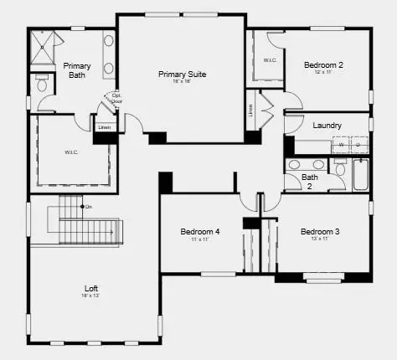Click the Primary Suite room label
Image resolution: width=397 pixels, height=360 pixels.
point(183,74)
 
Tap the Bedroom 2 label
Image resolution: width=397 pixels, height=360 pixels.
point(323,64)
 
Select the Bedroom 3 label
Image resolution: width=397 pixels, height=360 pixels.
point(321,231)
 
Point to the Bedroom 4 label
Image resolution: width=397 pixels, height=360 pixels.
point(200,231)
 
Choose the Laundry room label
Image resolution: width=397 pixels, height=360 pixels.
point(327,125)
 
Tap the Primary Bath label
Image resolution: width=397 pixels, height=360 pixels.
point(77,70)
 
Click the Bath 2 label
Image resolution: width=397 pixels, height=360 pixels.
point(310,182)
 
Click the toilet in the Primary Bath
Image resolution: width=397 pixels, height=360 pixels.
point(42,85)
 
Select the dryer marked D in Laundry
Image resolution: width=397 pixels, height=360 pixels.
point(358,144)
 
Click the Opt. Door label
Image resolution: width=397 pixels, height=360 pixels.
point(116,99)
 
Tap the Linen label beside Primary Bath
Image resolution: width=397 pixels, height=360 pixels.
point(104,127)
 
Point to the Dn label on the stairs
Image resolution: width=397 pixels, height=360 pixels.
point(88,207)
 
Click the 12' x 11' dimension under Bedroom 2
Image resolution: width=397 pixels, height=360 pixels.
point(323,73)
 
